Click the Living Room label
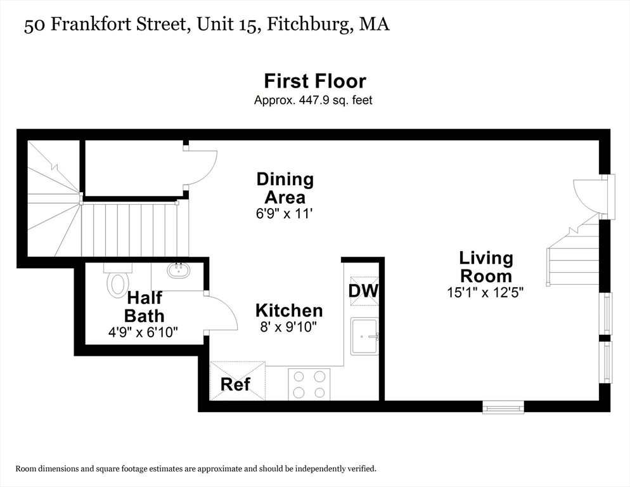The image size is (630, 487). tap(485, 267)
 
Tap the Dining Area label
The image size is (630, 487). tap(285, 188)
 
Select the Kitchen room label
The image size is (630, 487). tap(289, 311)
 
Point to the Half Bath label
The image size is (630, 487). tap(145, 307)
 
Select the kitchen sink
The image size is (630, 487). tap(364, 336)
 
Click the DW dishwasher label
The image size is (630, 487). tap(363, 291)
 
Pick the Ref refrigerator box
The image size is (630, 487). tap(238, 381)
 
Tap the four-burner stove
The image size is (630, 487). tap(309, 384)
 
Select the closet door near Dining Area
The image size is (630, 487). tap(201, 167)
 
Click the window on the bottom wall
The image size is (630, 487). tap(503, 406)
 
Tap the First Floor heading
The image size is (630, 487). tap(315, 81)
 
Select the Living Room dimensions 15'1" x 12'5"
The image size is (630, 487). tap(485, 292)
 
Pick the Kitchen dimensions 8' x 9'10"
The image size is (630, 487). tap(288, 327)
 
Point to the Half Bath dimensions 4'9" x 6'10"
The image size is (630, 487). tap(143, 332)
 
